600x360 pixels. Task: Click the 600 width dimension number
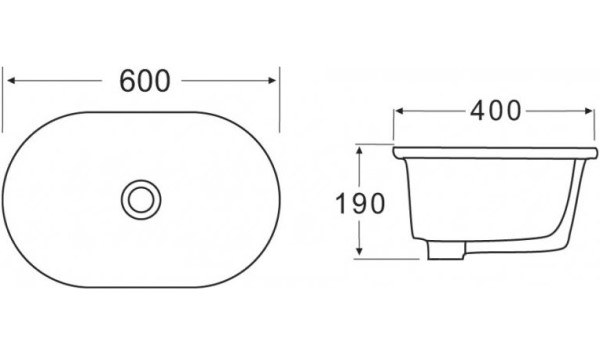tap(145, 81)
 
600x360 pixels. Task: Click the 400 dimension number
tap(496, 111)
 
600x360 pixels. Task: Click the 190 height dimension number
tap(360, 203)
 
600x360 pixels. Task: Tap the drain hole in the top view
tap(141, 200)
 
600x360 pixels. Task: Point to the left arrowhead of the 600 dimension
tap(11, 80)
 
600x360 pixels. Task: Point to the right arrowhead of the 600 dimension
tap(272, 80)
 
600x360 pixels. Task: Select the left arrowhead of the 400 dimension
tap(399, 111)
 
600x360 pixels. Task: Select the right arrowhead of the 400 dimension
tap(589, 111)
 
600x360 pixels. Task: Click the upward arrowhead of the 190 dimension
tap(359, 151)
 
